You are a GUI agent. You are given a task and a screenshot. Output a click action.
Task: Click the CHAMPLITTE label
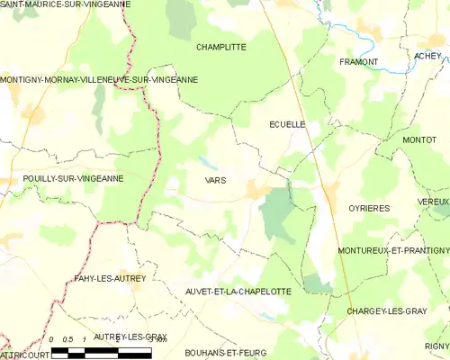220,46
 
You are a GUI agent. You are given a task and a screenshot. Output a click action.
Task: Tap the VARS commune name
215,180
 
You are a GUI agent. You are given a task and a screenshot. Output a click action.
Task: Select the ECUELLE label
288,125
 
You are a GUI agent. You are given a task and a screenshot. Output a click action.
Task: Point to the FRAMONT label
358,61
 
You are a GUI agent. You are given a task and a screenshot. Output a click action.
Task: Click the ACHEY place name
428,56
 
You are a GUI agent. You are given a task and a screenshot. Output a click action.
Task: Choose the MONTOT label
419,140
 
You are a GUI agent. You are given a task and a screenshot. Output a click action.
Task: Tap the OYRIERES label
369,208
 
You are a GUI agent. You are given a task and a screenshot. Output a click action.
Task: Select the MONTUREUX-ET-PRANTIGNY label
393,249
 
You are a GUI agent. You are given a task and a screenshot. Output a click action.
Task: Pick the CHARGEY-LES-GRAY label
387,311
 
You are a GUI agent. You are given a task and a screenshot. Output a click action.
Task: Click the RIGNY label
436,346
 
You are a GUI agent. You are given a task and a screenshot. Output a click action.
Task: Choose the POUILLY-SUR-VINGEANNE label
61,179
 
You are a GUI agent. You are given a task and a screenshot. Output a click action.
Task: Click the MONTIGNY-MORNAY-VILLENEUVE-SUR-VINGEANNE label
99,80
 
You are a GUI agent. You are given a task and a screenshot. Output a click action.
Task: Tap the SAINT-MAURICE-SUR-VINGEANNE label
65,4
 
